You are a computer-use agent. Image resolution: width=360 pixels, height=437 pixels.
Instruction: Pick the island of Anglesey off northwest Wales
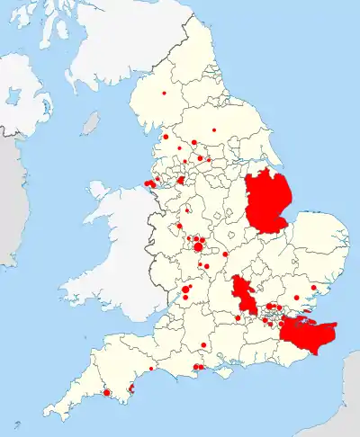coord(101,192)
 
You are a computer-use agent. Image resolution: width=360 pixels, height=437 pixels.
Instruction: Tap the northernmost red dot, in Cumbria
coord(165,94)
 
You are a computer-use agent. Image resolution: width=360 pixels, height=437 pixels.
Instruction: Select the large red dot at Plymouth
coord(107,392)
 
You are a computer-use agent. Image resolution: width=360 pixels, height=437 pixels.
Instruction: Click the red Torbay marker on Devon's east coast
coord(134,388)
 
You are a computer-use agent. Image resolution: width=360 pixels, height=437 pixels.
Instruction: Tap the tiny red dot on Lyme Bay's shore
coord(151,369)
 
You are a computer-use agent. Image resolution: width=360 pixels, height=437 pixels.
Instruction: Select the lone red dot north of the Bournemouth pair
coord(204,345)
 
